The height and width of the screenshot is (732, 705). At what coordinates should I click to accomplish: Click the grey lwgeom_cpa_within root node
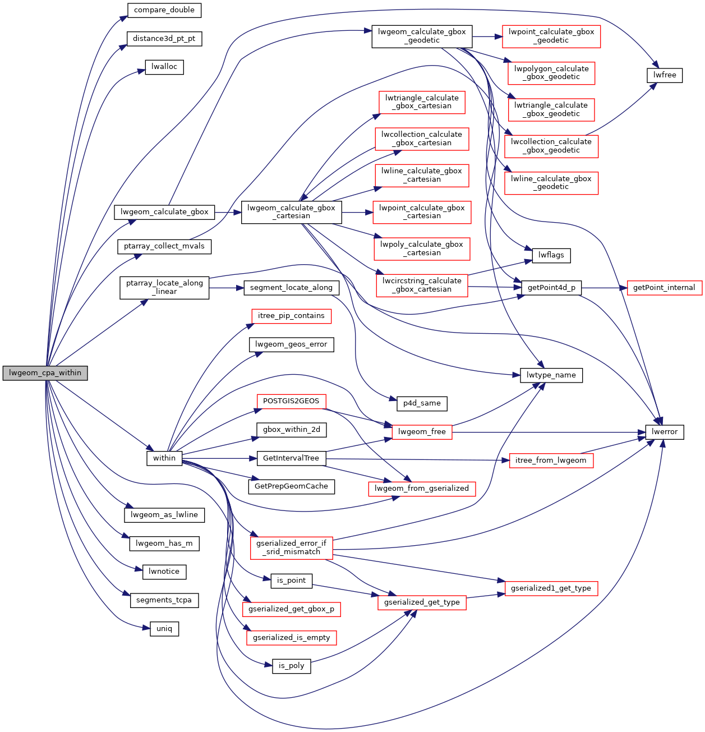(x=45, y=373)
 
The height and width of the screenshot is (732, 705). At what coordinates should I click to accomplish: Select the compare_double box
(x=164, y=10)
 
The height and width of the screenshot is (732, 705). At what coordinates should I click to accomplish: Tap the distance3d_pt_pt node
(x=164, y=39)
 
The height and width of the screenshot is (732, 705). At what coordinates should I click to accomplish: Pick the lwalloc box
(x=164, y=67)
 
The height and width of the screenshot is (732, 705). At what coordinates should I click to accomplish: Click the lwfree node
(x=665, y=75)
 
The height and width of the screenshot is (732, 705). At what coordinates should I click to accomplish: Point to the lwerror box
(x=665, y=432)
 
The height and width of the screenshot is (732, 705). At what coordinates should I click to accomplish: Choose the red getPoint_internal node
(x=664, y=288)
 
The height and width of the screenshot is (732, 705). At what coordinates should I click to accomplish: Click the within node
(x=164, y=458)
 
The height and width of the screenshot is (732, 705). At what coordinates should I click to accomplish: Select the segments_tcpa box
(x=164, y=600)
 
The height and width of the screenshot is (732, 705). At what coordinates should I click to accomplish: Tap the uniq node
(x=164, y=629)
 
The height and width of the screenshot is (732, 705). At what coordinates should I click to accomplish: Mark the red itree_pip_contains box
(x=291, y=316)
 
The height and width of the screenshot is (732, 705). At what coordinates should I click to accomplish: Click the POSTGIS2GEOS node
(x=291, y=401)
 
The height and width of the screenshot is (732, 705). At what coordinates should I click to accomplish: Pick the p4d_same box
(x=422, y=403)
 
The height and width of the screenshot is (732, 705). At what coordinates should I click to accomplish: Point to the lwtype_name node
(x=551, y=375)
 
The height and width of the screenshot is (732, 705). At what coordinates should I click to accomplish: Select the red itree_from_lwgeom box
(x=551, y=461)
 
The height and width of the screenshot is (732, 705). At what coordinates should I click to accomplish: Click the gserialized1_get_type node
(x=551, y=588)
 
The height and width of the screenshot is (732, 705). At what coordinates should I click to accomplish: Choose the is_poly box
(x=292, y=666)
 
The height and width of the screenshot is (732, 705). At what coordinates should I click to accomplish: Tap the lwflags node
(x=551, y=255)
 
